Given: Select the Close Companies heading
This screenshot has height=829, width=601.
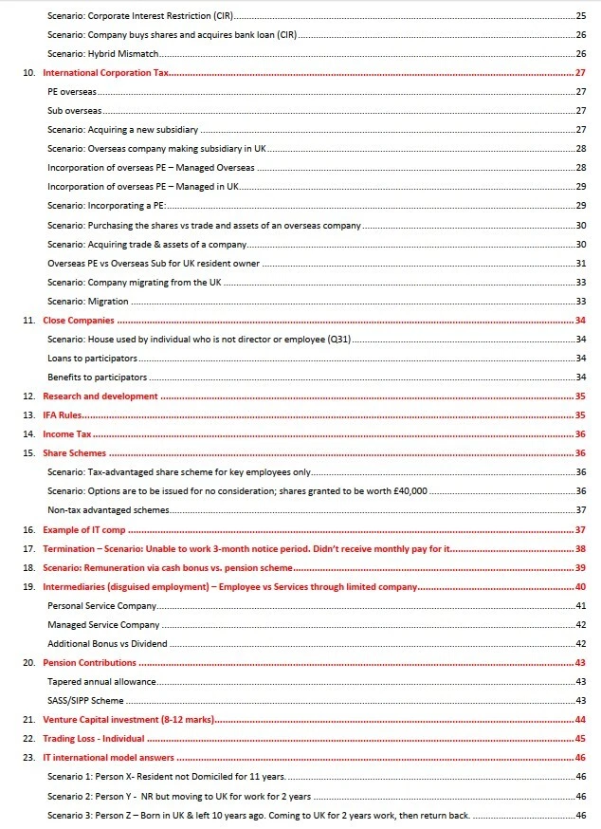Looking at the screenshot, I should (x=80, y=321).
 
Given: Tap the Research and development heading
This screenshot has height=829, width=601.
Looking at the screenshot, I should (x=100, y=396).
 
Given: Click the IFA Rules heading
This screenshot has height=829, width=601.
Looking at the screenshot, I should (x=63, y=415).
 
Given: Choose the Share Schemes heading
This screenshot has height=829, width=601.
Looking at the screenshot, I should (x=75, y=453).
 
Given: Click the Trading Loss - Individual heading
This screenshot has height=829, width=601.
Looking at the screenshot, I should (x=93, y=739).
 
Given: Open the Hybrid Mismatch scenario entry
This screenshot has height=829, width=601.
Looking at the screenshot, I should (x=103, y=54).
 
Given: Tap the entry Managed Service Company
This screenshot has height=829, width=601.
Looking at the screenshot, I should (x=103, y=625).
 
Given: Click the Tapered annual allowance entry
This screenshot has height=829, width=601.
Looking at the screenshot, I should (x=101, y=682).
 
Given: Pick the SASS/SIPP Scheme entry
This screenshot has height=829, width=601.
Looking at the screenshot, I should (x=85, y=701).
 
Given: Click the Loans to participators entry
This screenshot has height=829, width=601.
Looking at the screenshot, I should (x=92, y=359).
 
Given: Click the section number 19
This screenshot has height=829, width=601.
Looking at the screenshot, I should (x=28, y=587).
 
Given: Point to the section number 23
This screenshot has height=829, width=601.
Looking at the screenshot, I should (x=28, y=758).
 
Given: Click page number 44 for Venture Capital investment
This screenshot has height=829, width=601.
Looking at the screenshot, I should (x=580, y=720).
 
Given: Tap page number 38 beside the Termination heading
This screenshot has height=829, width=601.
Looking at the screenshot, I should (x=580, y=549).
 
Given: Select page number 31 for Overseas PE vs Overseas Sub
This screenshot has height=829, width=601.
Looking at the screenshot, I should (x=580, y=263).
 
